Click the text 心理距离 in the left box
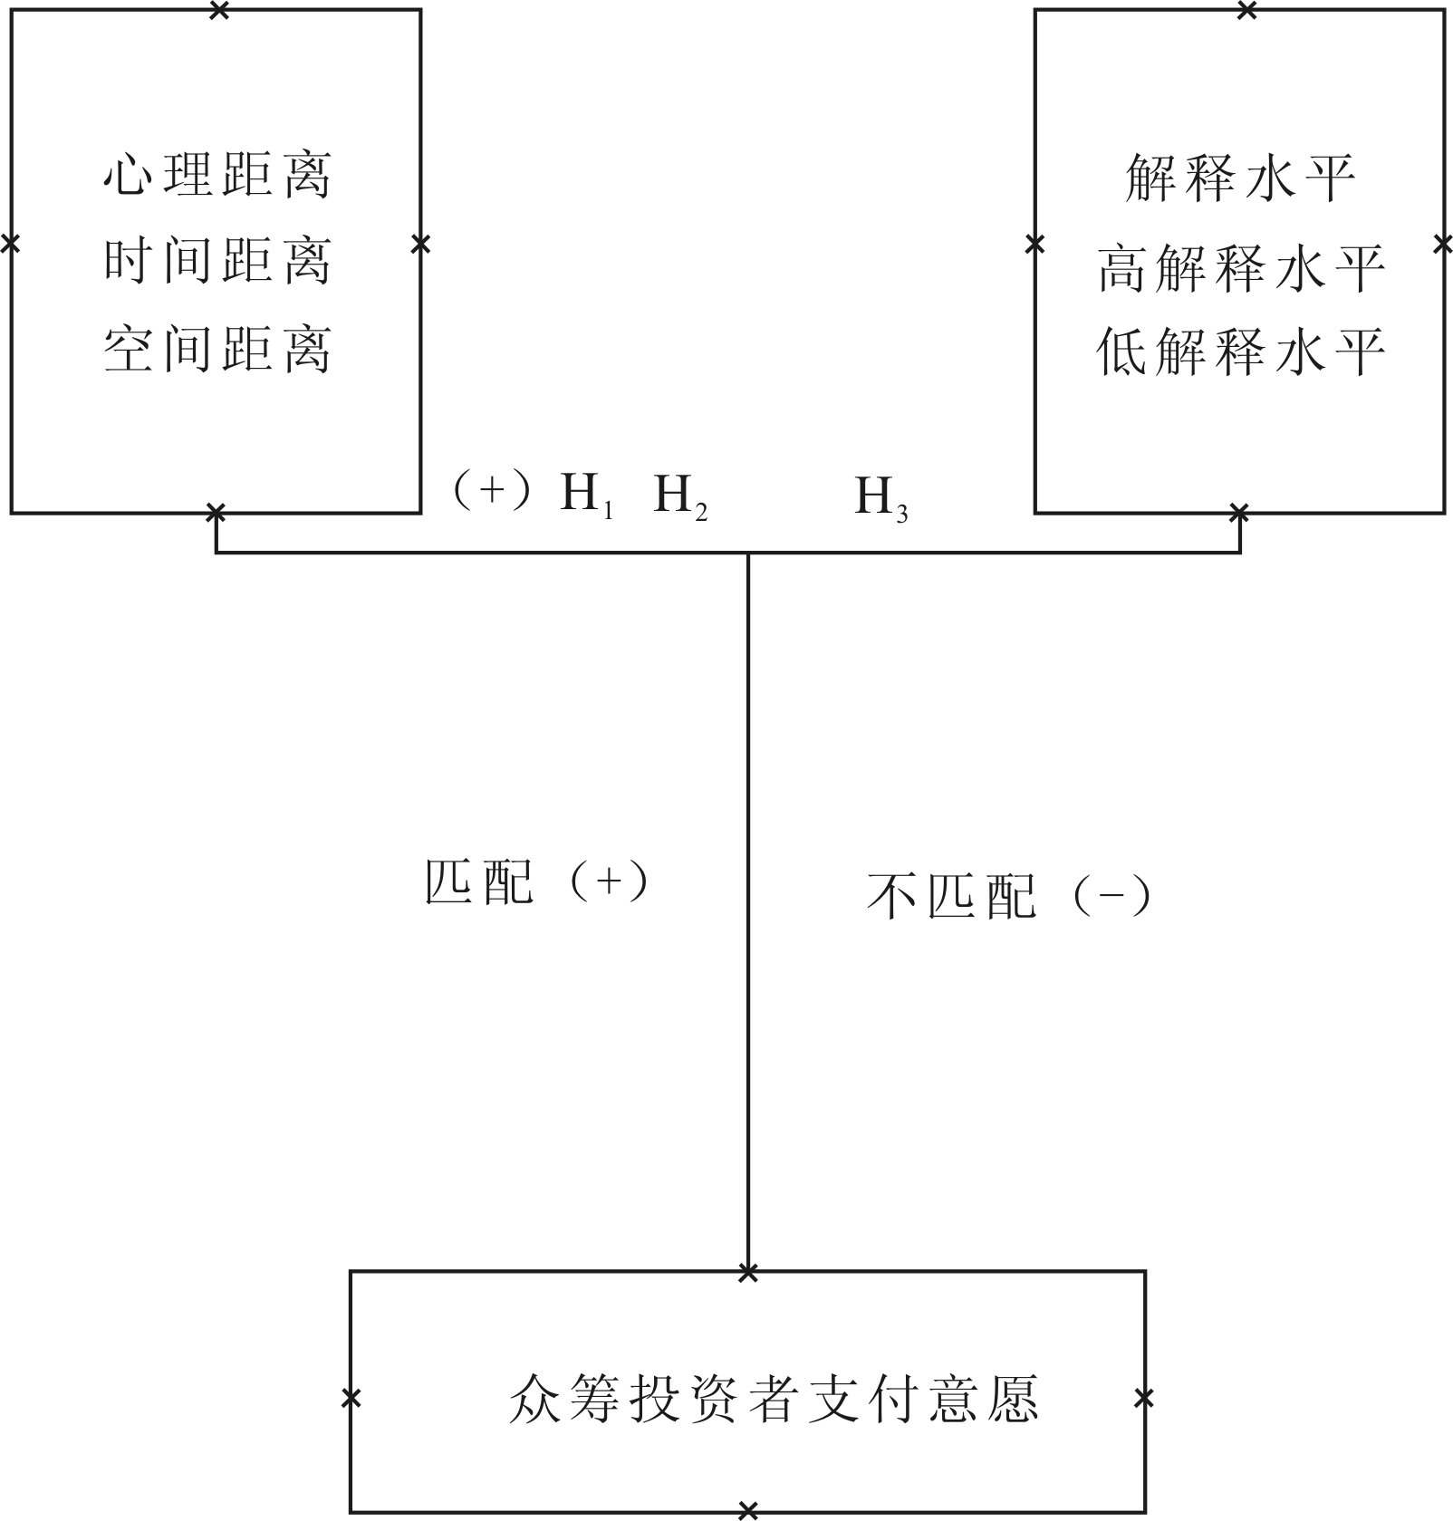[217, 175]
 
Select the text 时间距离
[217, 262]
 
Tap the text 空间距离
[217, 350]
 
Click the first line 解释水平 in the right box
[1240, 178]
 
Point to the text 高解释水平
[1240, 268]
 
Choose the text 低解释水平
[1240, 351]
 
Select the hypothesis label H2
[679, 496]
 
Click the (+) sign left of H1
[491, 491]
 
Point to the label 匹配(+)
[536, 881]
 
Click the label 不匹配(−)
[1008, 897]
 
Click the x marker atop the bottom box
[747, 1274]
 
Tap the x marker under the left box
[215, 514]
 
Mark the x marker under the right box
[1239, 514]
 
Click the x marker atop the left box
[218, 11]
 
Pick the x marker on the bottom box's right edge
[1144, 1398]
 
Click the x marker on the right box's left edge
[1034, 244]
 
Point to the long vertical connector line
[747, 906]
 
